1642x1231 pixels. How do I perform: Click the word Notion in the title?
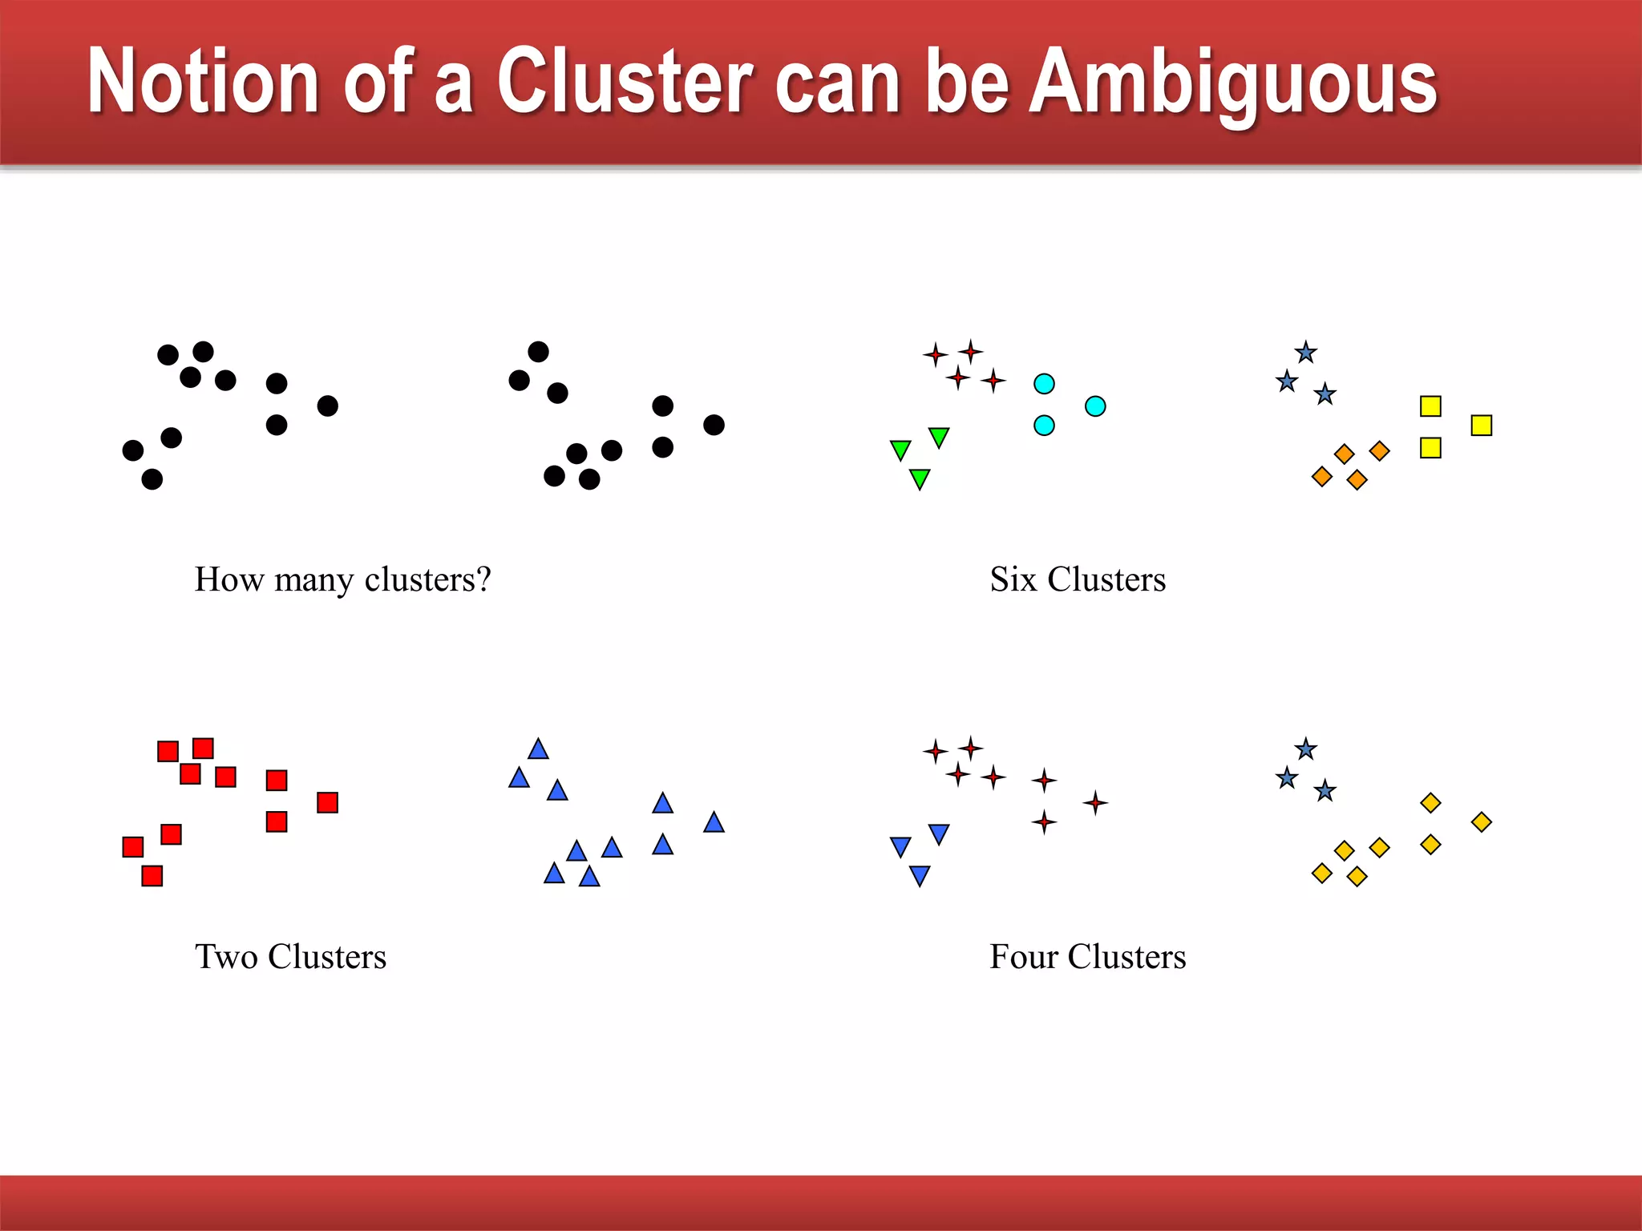pos(204,81)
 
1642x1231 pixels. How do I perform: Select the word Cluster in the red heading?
pos(625,81)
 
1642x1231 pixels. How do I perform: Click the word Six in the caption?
pos(1013,579)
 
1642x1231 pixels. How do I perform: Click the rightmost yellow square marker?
pos(1481,425)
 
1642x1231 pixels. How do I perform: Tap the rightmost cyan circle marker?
pos(1095,406)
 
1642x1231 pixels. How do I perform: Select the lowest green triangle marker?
pos(920,478)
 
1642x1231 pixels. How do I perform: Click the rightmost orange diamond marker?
pos(1379,451)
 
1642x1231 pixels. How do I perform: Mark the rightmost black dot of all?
pos(714,425)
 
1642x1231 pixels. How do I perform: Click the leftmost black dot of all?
pos(133,450)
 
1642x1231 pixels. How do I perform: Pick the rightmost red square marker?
pos(327,802)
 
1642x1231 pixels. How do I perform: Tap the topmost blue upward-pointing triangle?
pos(538,749)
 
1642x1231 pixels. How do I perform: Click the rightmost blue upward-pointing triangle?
pos(714,823)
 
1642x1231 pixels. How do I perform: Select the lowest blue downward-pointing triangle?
pos(920,875)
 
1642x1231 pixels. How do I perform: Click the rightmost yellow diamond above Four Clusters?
pos(1481,822)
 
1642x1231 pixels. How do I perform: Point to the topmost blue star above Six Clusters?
pos(1306,352)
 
